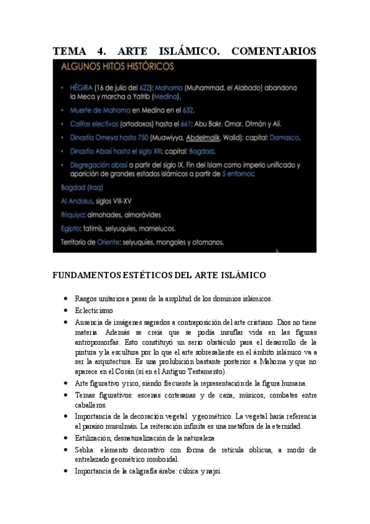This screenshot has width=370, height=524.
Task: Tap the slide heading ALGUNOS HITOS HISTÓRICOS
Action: point(117,66)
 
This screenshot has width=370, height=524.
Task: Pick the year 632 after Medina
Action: point(187,110)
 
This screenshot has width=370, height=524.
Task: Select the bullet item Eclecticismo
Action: point(94,310)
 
